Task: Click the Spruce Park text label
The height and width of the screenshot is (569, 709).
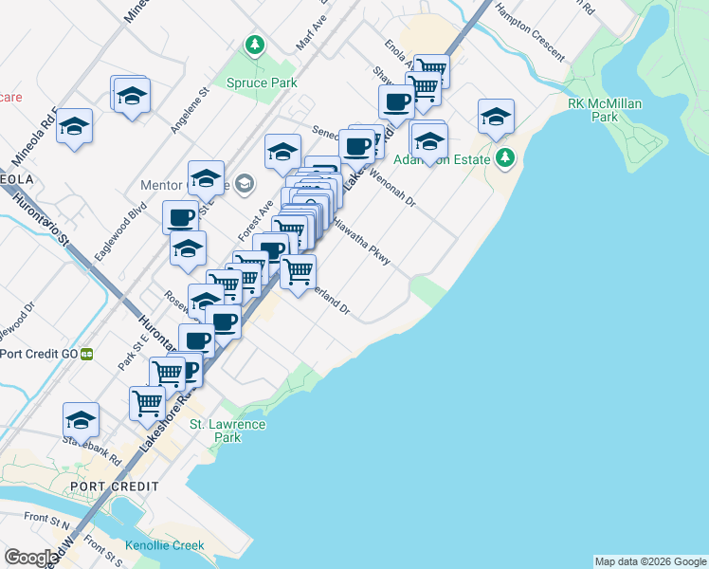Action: click(x=262, y=83)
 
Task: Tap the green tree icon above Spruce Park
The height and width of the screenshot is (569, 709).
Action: click(x=253, y=44)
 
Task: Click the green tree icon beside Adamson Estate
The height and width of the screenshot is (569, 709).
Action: click(x=506, y=157)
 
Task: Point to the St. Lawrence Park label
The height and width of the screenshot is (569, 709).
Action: click(x=227, y=431)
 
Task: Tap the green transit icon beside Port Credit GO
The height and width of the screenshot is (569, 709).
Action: click(x=86, y=354)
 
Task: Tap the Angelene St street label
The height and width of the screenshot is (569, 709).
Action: click(x=189, y=109)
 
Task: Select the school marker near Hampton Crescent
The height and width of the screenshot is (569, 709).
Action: click(x=496, y=117)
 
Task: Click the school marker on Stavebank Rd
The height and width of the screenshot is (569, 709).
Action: click(x=82, y=419)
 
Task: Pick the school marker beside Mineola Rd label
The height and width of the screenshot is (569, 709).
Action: click(x=74, y=126)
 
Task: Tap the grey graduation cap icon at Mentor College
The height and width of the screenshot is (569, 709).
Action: click(x=245, y=183)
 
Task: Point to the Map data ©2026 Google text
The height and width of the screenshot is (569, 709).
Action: click(x=649, y=561)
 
